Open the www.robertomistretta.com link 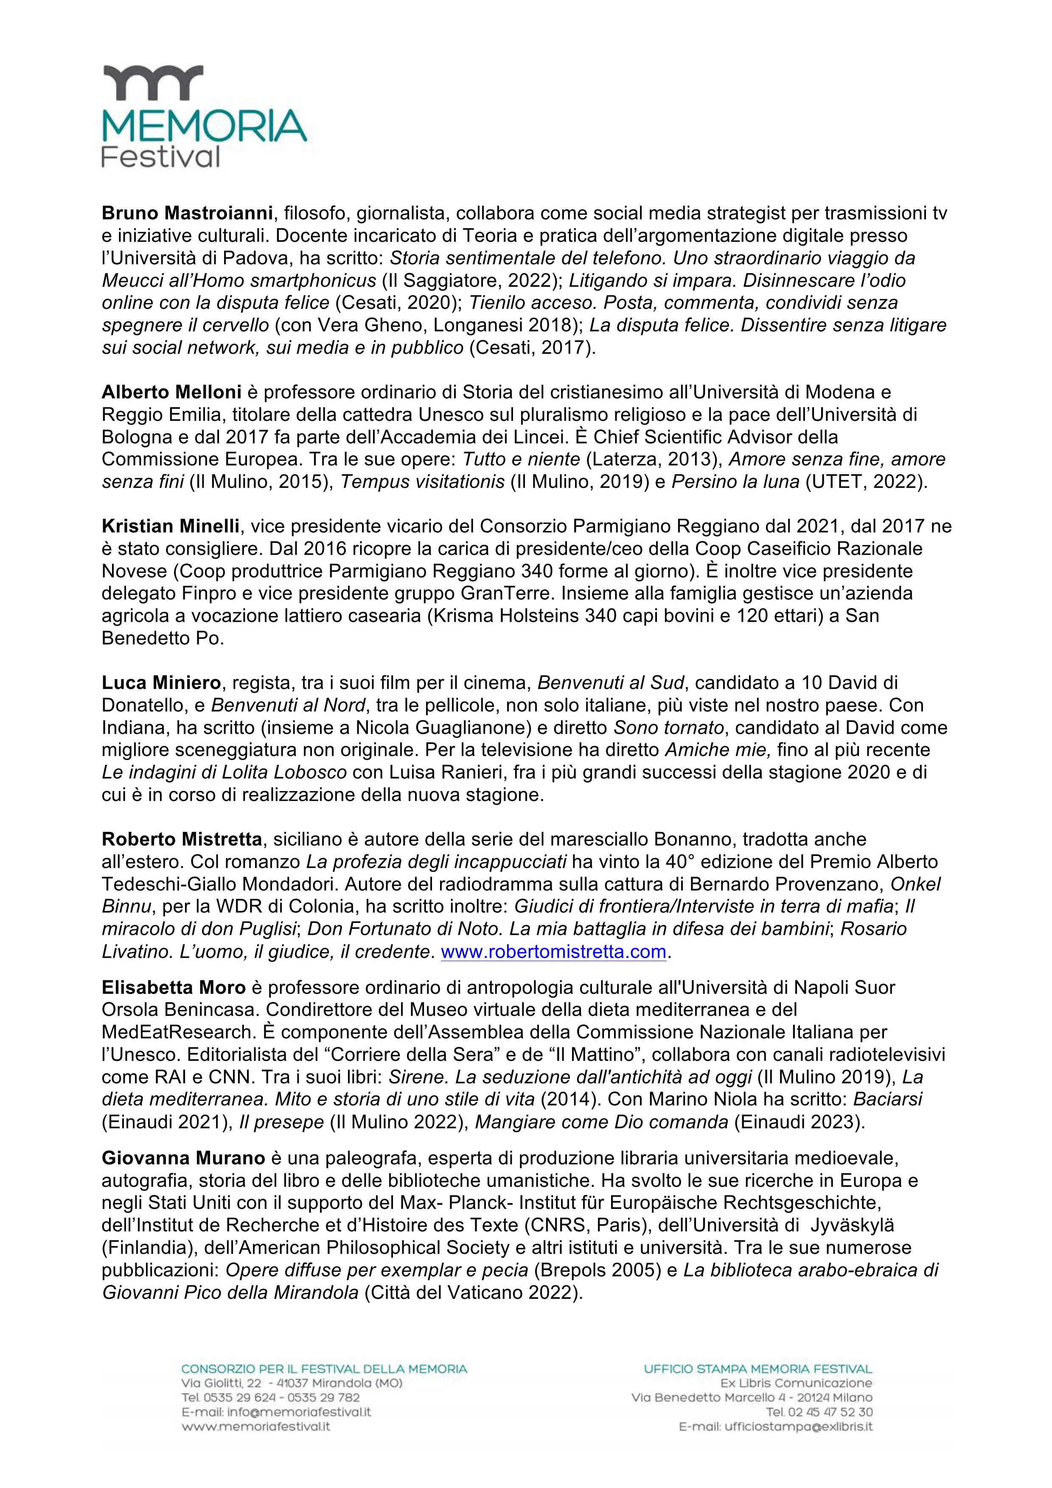click(553, 951)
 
